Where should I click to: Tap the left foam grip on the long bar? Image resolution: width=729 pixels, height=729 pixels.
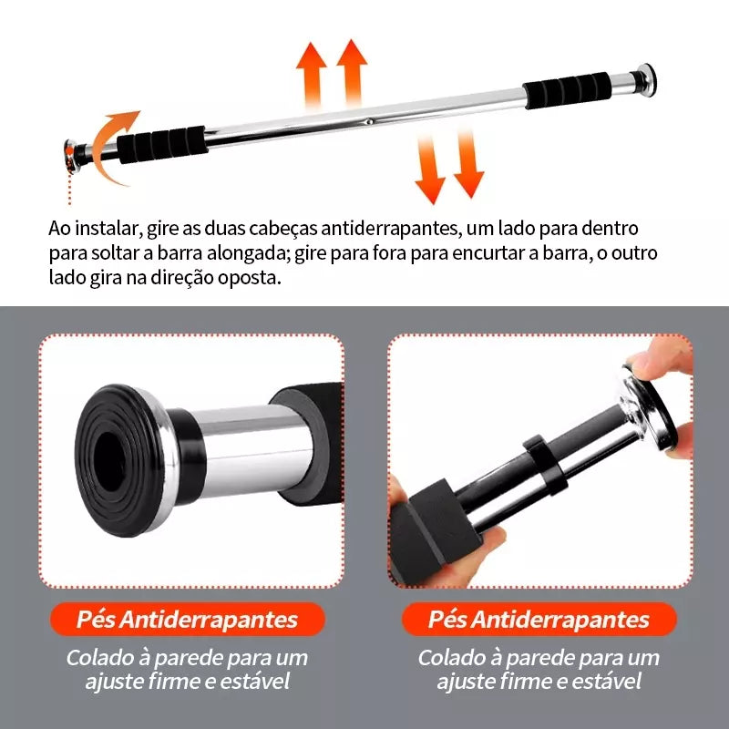pyautogui.click(x=161, y=144)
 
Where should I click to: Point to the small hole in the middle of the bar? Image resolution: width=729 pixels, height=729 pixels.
pyautogui.click(x=369, y=122)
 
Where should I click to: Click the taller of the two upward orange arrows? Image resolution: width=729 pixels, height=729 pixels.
pyautogui.click(x=352, y=73)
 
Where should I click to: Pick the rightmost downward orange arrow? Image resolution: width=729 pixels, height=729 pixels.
pyautogui.click(x=468, y=164)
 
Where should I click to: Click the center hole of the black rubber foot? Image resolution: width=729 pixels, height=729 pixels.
pyautogui.click(x=109, y=462)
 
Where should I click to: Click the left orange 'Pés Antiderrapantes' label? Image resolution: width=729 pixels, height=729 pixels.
pyautogui.click(x=187, y=619)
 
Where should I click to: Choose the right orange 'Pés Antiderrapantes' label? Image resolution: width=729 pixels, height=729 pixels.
pyautogui.click(x=539, y=619)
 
